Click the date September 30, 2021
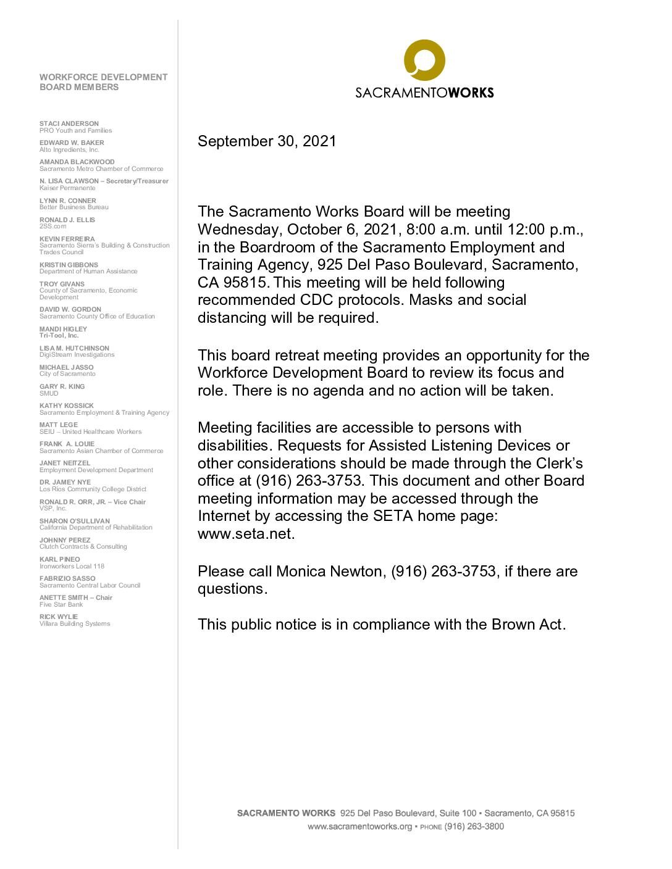point(267,141)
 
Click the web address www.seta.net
point(246,534)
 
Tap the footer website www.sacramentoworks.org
point(359,826)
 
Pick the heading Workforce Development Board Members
point(103,82)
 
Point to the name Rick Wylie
point(59,617)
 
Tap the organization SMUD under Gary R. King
point(49,393)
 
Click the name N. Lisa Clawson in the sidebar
point(67,181)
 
